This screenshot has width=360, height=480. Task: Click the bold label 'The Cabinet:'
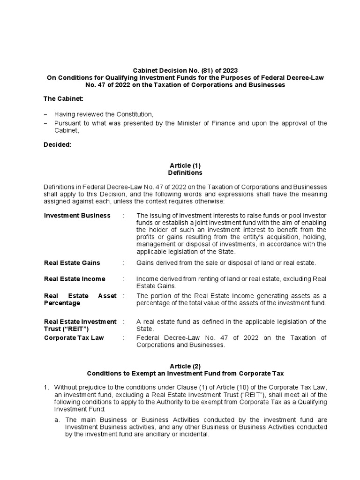coord(64,99)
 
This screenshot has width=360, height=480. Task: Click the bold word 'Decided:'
coord(57,145)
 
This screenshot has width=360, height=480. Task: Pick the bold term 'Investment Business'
coord(77,216)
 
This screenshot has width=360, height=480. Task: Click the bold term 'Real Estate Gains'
coord(72,263)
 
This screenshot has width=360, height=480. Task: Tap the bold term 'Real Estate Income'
coord(74,279)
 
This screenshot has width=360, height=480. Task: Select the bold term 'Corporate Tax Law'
coord(74,337)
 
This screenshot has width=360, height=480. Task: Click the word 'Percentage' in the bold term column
coord(62,303)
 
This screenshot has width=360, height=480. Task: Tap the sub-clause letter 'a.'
coord(57,420)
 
